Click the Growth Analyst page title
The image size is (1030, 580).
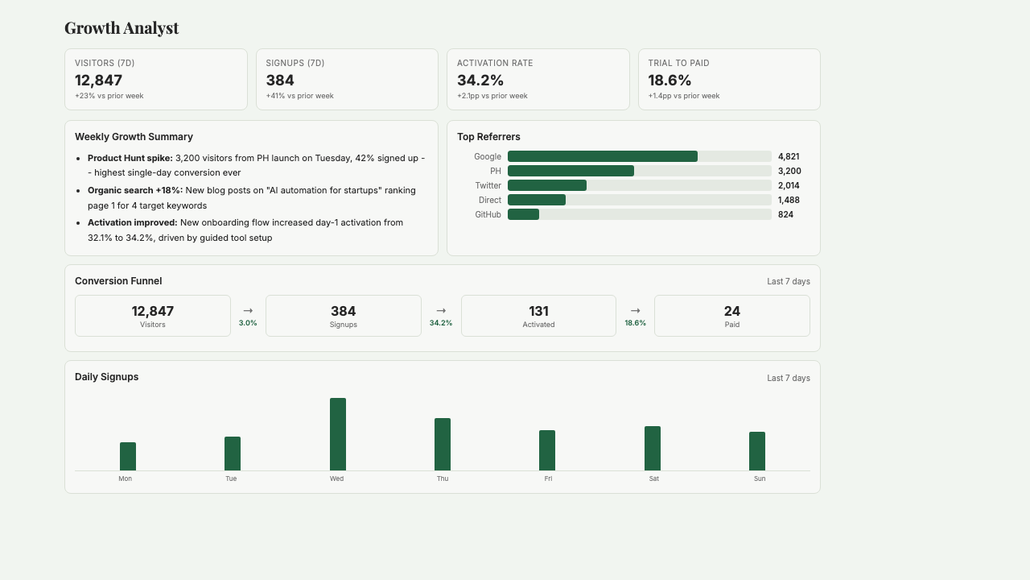point(122,28)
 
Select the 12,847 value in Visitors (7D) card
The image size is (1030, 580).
point(99,81)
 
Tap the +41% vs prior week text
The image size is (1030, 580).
point(299,96)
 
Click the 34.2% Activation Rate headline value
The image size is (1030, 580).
point(480,81)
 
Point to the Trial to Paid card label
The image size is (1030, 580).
point(678,63)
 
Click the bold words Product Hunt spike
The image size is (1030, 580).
point(130,158)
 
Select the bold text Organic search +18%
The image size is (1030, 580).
point(135,190)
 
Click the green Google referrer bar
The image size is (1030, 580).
point(602,156)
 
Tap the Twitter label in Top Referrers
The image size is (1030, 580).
point(488,185)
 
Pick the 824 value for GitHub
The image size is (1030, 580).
point(785,214)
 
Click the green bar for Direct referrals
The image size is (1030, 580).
point(537,200)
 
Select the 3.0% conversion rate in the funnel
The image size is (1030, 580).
point(248,323)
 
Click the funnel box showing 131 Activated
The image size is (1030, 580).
point(538,316)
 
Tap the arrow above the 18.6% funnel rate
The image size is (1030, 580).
point(635,310)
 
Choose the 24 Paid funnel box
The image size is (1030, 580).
point(731,316)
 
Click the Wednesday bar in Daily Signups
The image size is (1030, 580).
point(337,434)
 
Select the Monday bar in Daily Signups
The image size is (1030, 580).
point(128,456)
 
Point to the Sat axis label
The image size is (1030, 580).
point(653,478)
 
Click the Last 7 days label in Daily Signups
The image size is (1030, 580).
point(788,378)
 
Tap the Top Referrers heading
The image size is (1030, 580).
point(488,137)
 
